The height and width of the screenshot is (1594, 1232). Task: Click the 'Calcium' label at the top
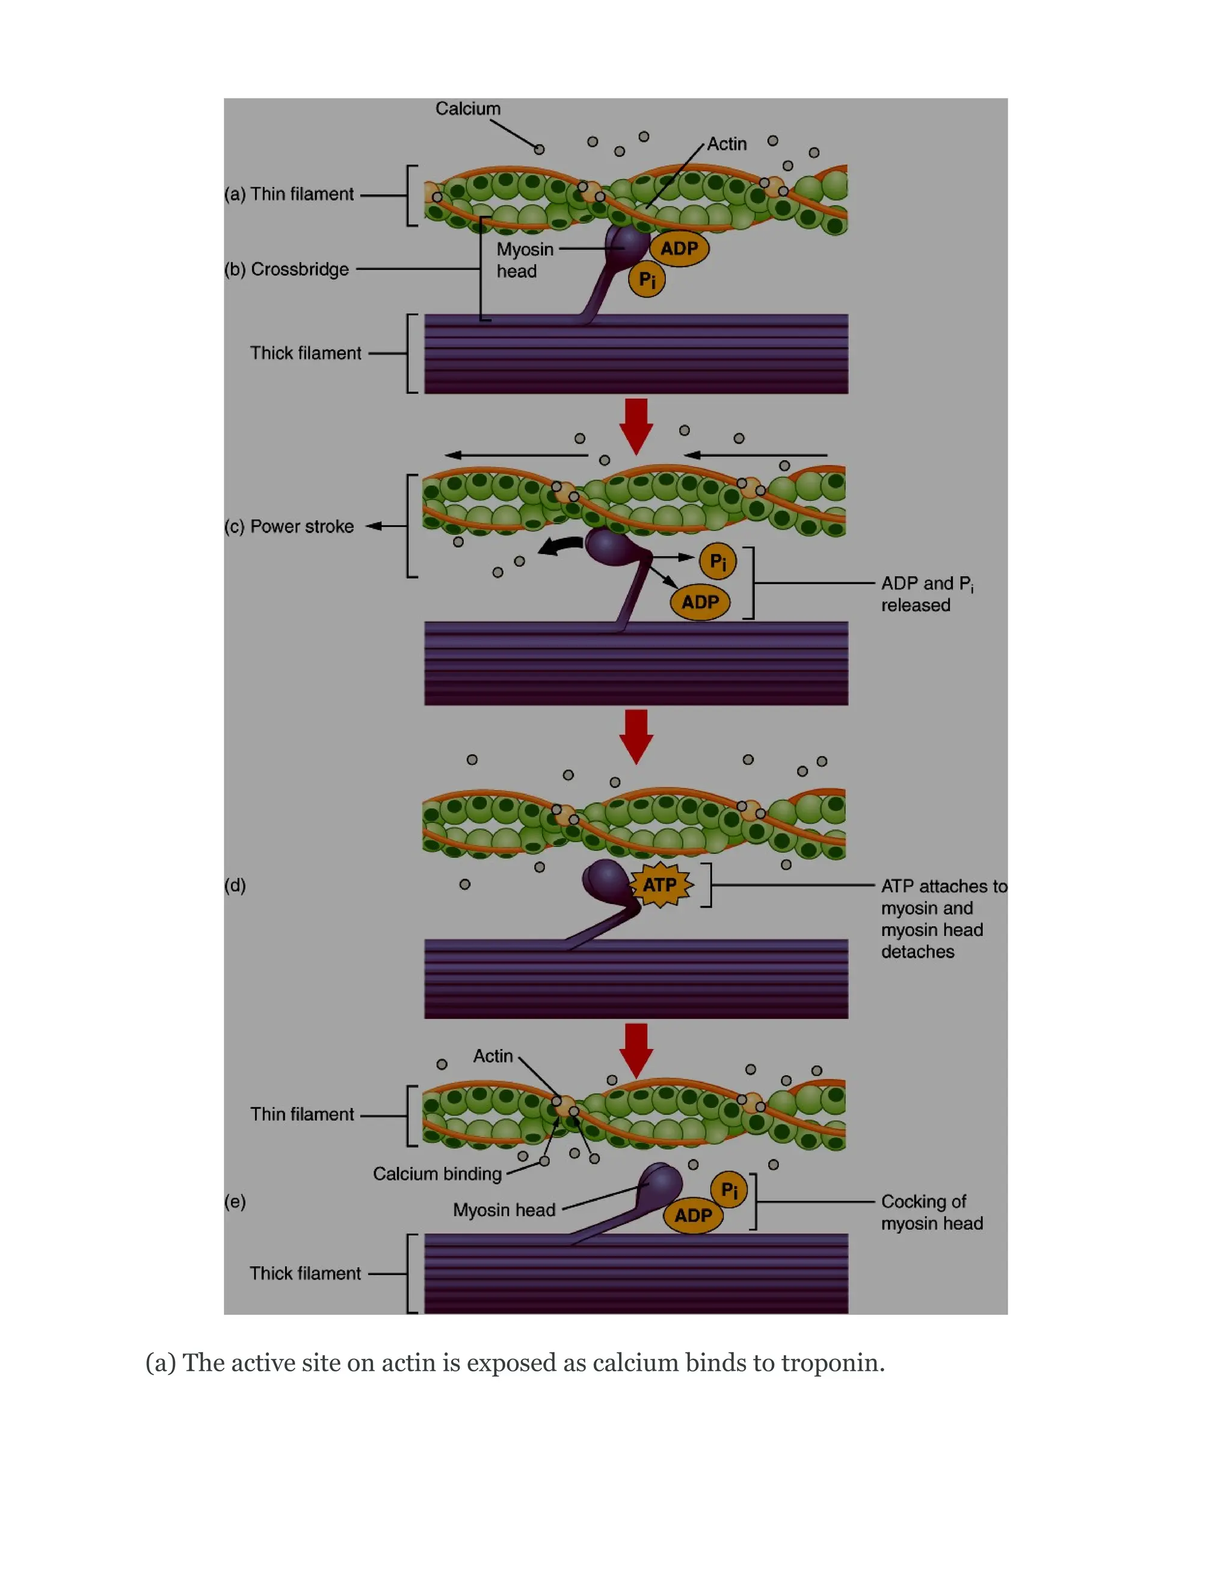click(468, 109)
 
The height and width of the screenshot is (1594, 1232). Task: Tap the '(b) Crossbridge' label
click(287, 269)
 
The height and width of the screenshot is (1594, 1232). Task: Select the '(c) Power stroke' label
click(289, 526)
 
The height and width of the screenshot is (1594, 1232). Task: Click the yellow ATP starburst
click(661, 885)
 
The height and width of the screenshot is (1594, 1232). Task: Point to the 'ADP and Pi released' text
click(926, 594)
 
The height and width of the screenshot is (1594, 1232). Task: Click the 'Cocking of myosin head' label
click(931, 1212)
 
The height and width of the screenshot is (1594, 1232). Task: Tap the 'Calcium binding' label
click(437, 1174)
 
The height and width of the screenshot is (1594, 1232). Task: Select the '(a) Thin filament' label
click(289, 194)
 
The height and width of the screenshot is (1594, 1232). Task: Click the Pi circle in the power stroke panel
click(718, 561)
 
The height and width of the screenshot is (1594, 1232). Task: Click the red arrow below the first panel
click(636, 425)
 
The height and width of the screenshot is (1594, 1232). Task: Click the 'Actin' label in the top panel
click(726, 144)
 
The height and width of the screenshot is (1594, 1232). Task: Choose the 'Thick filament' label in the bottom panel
click(305, 1273)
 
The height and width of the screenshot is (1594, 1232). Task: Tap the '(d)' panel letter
click(235, 885)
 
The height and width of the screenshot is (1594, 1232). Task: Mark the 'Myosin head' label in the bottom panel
click(504, 1210)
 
